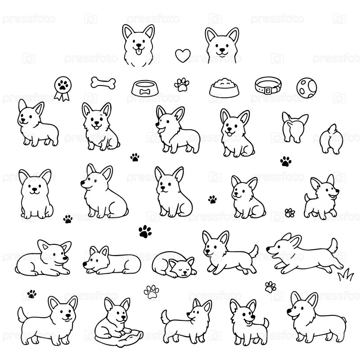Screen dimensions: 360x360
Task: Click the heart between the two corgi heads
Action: pos(183,55)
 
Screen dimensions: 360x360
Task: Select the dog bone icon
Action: pos(103,83)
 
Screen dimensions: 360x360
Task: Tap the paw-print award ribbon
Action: pos(63,88)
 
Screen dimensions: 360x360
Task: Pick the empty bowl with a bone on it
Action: pos(145,88)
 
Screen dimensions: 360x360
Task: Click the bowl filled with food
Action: pos(224,88)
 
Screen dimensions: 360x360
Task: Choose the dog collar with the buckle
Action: pos(268,85)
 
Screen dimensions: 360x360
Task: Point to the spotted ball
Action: pos(306,87)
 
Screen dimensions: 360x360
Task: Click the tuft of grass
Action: pos(346,274)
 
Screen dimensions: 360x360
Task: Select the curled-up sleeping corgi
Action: pos(174,264)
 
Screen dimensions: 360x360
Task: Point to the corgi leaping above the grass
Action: pos(305,254)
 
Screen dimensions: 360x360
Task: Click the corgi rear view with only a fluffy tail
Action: pos(331,139)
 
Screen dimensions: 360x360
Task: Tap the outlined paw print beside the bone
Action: pos(182,85)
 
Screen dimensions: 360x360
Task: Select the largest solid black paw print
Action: pos(145,231)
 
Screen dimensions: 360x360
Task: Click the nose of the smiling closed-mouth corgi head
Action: pos(222,50)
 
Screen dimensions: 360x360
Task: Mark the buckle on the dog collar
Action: pos(268,90)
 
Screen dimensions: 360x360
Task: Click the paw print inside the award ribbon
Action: pos(63,85)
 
